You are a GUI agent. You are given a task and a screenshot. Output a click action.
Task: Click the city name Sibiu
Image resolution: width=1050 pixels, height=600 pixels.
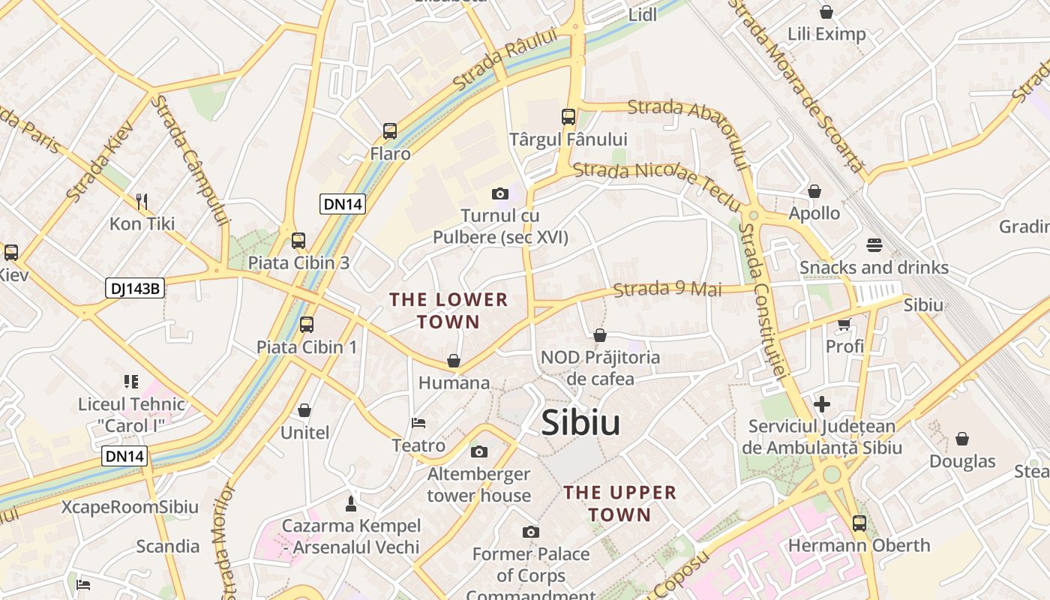(x=580, y=424)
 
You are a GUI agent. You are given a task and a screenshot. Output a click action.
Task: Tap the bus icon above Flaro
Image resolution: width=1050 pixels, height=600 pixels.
(x=390, y=131)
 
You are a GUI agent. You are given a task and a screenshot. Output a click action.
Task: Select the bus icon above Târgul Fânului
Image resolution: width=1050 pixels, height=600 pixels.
(x=568, y=117)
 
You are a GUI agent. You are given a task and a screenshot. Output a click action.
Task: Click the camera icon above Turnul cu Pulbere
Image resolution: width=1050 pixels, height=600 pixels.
(x=500, y=194)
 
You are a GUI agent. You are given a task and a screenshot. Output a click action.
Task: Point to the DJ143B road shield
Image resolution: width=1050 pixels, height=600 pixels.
(x=135, y=288)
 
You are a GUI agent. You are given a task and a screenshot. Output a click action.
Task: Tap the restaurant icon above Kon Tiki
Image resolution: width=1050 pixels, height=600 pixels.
(x=142, y=201)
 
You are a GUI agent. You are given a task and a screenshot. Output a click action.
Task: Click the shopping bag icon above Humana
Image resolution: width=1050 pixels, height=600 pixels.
(x=454, y=361)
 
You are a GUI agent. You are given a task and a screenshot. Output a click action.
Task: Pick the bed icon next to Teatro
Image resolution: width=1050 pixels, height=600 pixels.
(x=418, y=424)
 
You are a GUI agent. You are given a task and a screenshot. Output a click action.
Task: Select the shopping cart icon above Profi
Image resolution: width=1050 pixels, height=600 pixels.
(x=844, y=325)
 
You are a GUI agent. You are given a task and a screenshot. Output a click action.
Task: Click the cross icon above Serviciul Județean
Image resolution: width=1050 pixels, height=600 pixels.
(x=822, y=405)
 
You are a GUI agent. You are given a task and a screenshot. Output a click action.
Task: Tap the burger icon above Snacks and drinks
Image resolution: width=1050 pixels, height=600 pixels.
(x=874, y=245)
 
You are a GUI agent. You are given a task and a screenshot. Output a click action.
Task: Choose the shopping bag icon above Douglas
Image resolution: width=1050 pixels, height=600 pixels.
(x=962, y=439)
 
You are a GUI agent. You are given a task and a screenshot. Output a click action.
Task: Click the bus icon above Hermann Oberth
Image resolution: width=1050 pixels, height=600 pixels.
(x=859, y=523)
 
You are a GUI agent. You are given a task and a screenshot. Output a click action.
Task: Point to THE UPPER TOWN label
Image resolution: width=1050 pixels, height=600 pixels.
(x=620, y=503)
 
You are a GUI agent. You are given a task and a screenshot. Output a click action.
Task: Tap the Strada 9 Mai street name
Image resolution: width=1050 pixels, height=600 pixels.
(x=667, y=289)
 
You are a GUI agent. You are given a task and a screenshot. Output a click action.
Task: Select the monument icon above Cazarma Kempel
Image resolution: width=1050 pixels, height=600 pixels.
(x=350, y=502)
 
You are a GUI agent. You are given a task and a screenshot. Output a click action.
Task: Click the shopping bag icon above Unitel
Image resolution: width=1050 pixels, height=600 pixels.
(x=304, y=410)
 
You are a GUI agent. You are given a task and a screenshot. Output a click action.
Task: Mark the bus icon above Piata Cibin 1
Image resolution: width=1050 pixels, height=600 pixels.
(x=306, y=325)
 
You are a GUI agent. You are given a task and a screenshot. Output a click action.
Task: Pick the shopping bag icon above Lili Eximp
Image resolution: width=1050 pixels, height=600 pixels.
(x=826, y=12)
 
